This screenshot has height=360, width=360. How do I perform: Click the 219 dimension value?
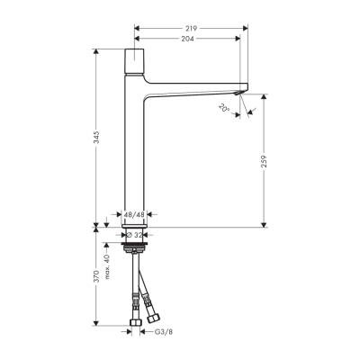click(x=190, y=27)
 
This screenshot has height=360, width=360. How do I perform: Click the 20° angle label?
click(x=223, y=107)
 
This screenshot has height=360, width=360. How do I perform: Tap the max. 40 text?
click(x=108, y=268)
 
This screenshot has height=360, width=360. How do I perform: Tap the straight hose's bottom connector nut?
click(x=133, y=321)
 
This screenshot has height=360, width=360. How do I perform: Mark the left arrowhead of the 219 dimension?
click(x=137, y=27)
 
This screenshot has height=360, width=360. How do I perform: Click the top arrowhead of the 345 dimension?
click(x=94, y=50)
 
